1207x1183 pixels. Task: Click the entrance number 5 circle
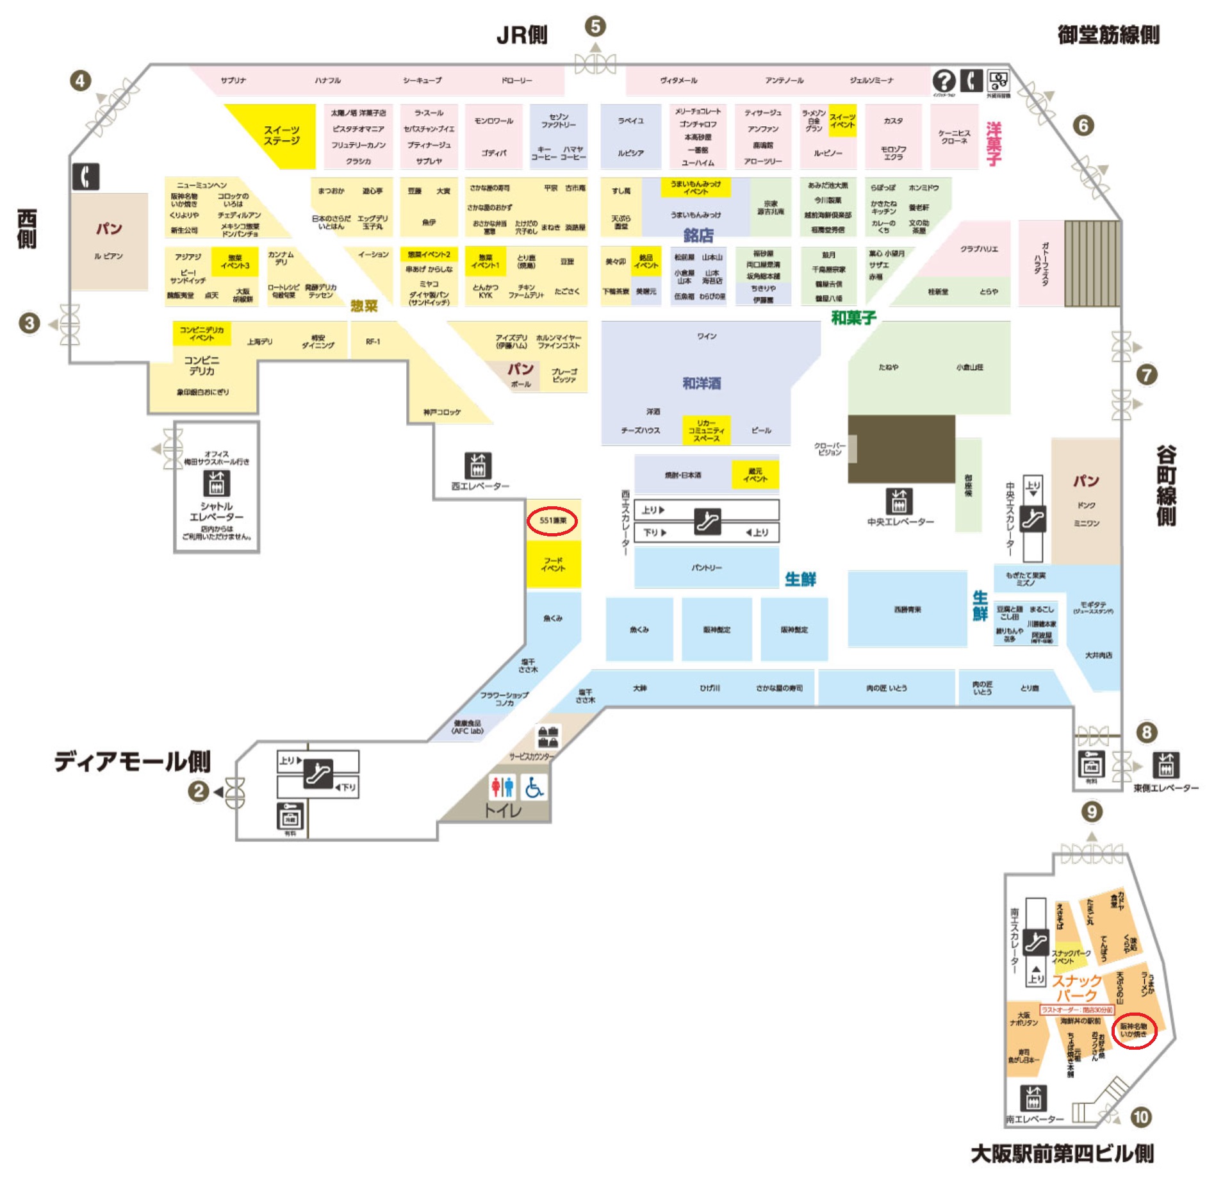click(x=595, y=26)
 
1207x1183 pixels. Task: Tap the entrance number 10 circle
click(x=1140, y=1117)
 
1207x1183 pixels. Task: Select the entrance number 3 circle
click(x=29, y=323)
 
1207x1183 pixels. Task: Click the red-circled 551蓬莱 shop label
click(x=552, y=520)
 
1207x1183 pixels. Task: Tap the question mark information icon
click(x=944, y=81)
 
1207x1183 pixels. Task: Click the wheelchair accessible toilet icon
click(x=534, y=788)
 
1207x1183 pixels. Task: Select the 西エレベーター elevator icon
click(x=477, y=466)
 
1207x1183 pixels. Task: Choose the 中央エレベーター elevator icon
click(x=899, y=501)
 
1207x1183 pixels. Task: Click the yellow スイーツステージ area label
click(x=281, y=135)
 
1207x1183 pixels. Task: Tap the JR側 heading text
click(x=522, y=35)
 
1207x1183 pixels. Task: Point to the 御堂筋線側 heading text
click(x=1108, y=35)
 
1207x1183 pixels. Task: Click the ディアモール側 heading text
click(x=133, y=762)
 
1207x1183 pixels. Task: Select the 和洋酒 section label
click(x=702, y=383)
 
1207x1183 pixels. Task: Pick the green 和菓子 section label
click(x=853, y=317)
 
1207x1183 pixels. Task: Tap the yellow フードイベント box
click(x=554, y=565)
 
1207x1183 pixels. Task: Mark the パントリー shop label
click(x=707, y=567)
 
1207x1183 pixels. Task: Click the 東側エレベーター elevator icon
click(x=1165, y=765)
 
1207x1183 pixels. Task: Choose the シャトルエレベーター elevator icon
click(x=217, y=484)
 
